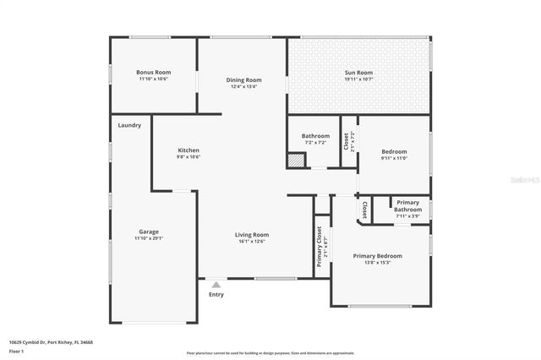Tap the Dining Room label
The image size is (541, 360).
tap(243, 80)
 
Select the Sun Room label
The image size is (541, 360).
tap(358, 73)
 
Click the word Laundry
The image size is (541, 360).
tap(129, 125)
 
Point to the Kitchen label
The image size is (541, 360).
tap(188, 150)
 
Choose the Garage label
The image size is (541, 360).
tap(149, 232)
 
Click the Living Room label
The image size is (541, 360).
tap(252, 234)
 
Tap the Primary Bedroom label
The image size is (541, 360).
tap(377, 255)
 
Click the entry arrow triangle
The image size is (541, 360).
tap(216, 285)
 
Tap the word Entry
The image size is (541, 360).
tap(216, 295)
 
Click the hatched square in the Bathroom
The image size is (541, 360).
tap(295, 160)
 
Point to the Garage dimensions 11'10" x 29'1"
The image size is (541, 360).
tap(149, 238)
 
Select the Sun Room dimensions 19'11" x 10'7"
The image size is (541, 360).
tap(358, 79)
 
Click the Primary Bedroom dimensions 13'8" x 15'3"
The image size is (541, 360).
tap(377, 262)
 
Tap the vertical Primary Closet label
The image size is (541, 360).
tap(320, 247)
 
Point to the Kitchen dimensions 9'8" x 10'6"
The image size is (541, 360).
tap(188, 156)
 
